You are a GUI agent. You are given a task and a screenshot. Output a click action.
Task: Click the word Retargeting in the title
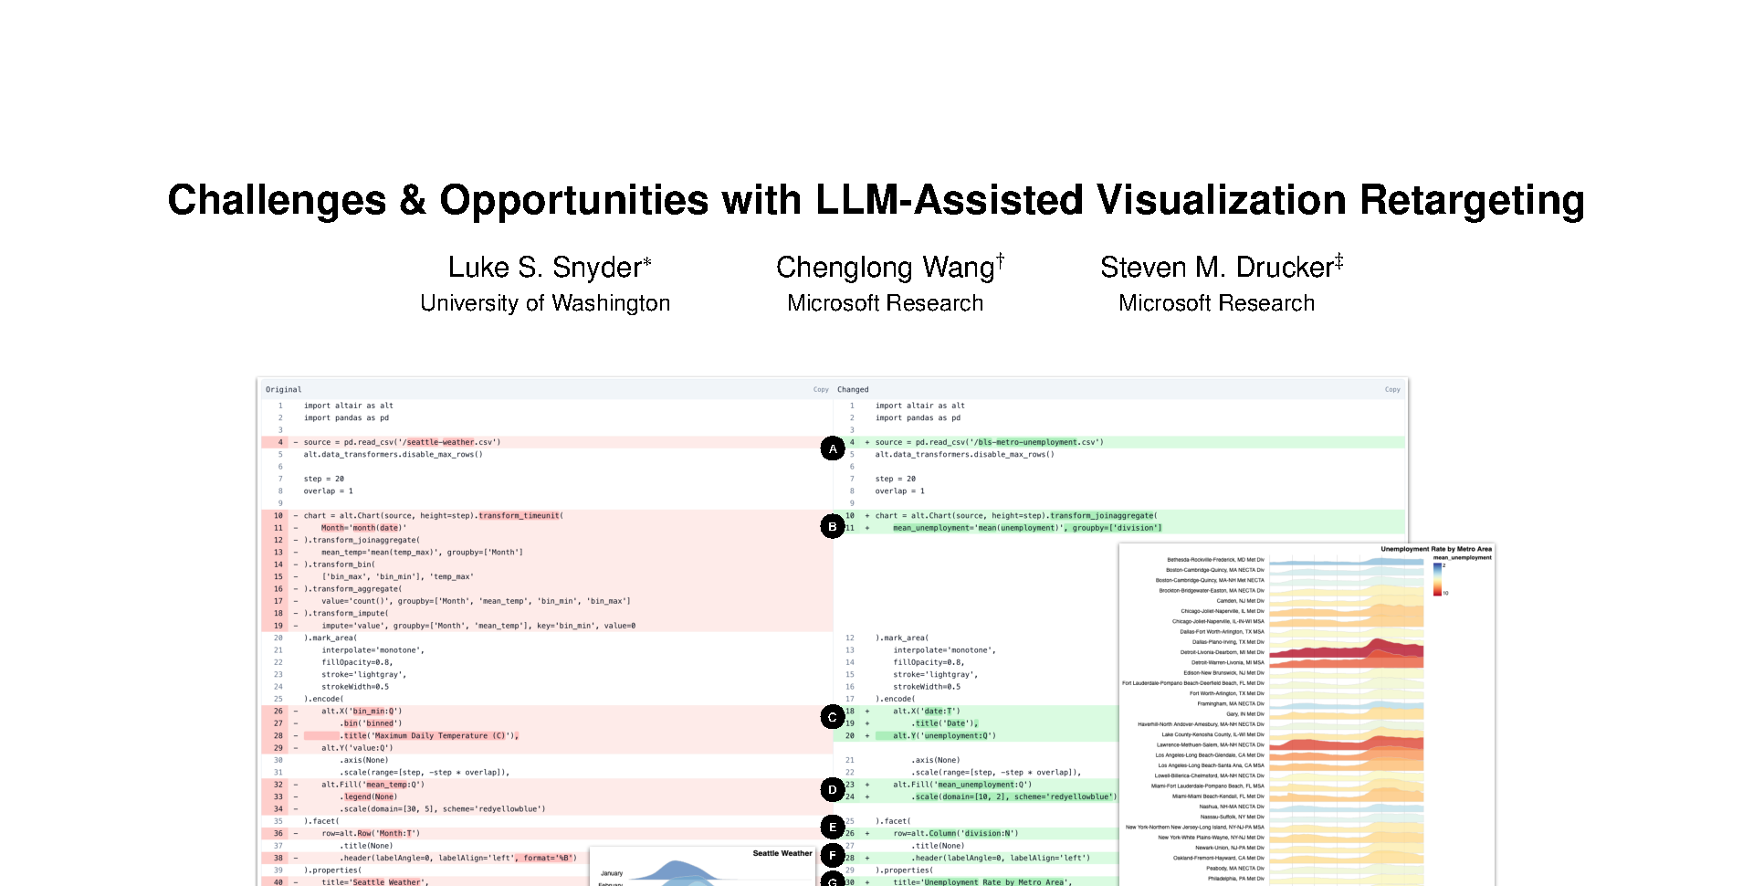(1472, 201)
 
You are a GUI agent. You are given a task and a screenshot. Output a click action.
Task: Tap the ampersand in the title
(413, 201)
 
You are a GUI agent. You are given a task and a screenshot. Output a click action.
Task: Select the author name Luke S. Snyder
(549, 268)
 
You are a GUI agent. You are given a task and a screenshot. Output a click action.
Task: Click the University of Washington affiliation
(545, 303)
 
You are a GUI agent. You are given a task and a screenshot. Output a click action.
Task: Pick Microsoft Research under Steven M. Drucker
(1216, 303)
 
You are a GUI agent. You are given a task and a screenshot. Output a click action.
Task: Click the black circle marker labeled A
(832, 448)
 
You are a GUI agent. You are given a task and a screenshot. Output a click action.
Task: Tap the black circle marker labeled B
(832, 527)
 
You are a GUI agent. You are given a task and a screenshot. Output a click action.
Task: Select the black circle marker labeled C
(832, 718)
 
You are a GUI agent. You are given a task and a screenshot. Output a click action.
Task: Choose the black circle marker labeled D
(832, 790)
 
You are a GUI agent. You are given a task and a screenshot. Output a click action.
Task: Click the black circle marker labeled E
(832, 828)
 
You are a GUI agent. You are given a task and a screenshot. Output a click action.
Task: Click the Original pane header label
(283, 390)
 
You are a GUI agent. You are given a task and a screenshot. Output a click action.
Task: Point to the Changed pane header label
(853, 390)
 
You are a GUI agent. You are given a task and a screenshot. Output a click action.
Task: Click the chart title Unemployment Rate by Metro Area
(1435, 549)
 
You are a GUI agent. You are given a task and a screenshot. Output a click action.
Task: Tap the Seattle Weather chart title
(782, 853)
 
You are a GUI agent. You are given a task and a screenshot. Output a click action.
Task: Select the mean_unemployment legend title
(1462, 557)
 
